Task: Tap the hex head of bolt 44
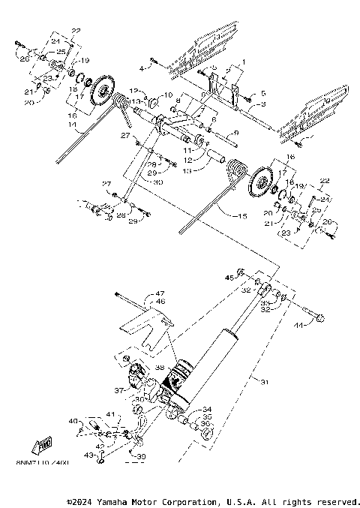coord(321,320)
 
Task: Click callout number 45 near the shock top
coord(229,280)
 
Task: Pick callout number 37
coord(118,391)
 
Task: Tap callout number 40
coord(73,422)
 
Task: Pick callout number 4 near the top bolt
coord(141,68)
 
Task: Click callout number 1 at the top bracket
coord(242,59)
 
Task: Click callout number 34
coord(207,410)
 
